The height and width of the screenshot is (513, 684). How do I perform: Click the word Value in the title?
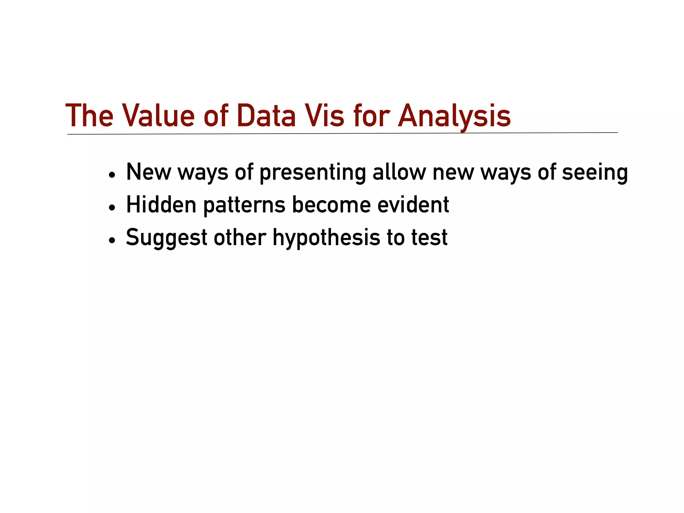(x=158, y=116)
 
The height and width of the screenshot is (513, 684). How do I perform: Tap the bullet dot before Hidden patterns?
(x=112, y=207)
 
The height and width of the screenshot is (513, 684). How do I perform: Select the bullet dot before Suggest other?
(x=112, y=240)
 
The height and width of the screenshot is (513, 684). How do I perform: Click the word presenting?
(x=313, y=173)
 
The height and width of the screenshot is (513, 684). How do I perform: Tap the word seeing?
(x=595, y=173)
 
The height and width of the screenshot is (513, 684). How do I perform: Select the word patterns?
(x=244, y=205)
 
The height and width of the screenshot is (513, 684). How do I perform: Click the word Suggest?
(x=167, y=238)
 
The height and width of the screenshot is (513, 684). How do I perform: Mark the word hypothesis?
(x=327, y=238)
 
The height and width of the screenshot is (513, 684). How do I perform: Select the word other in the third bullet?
(x=240, y=237)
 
